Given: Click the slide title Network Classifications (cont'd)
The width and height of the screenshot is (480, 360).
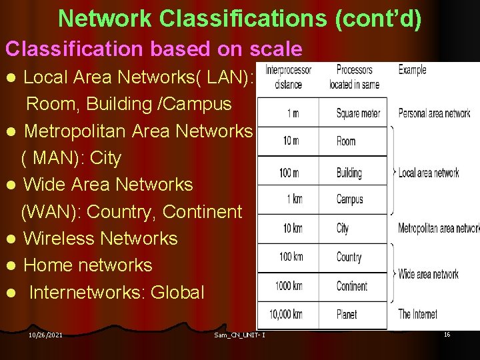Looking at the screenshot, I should tap(240, 18).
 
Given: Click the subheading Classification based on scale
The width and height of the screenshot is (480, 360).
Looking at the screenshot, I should tap(153, 49).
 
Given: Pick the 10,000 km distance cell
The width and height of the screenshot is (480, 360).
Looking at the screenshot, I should tap(285, 314).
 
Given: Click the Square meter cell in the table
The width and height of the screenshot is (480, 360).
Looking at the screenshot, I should tap(358, 113).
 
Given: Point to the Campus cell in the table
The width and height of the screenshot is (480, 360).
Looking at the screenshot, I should tap(349, 199).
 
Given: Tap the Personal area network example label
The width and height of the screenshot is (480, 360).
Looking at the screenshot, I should tap(434, 113).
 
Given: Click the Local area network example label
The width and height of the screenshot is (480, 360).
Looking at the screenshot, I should tap(429, 173).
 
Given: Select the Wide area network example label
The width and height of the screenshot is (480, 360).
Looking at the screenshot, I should tap(428, 273).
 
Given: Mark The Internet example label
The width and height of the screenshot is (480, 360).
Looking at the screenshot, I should tap(418, 314).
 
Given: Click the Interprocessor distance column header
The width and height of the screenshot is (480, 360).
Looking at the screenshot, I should tap(288, 77).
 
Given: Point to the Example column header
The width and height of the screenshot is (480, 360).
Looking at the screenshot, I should tap(412, 69).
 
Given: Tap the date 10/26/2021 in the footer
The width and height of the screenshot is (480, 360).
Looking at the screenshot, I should tap(46, 335).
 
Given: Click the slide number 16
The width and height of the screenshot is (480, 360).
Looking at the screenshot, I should tap(447, 334).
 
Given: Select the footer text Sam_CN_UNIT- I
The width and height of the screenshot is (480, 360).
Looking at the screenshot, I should tap(240, 335).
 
